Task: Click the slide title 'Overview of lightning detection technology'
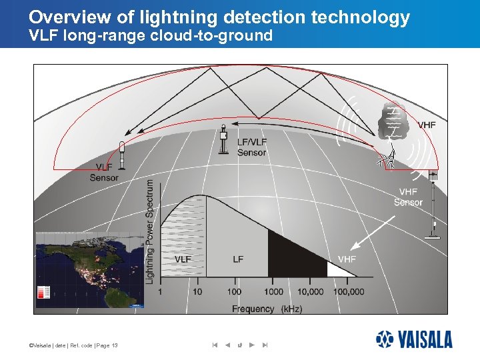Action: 219,17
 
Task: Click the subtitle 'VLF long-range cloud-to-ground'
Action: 151,36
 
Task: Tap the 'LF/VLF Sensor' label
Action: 251,147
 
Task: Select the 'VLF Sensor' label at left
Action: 104,172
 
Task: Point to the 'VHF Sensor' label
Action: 407,197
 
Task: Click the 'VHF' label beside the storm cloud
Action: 427,125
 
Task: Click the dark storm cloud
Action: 393,119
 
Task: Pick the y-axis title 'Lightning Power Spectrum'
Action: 150,231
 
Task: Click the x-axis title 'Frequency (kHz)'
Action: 267,309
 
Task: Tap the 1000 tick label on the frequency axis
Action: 273,292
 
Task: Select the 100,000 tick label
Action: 348,292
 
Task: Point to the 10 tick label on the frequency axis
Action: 197,292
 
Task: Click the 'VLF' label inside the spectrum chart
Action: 183,259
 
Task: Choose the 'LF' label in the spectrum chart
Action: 238,259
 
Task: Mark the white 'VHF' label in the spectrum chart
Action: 347,259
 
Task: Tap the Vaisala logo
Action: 413,339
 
